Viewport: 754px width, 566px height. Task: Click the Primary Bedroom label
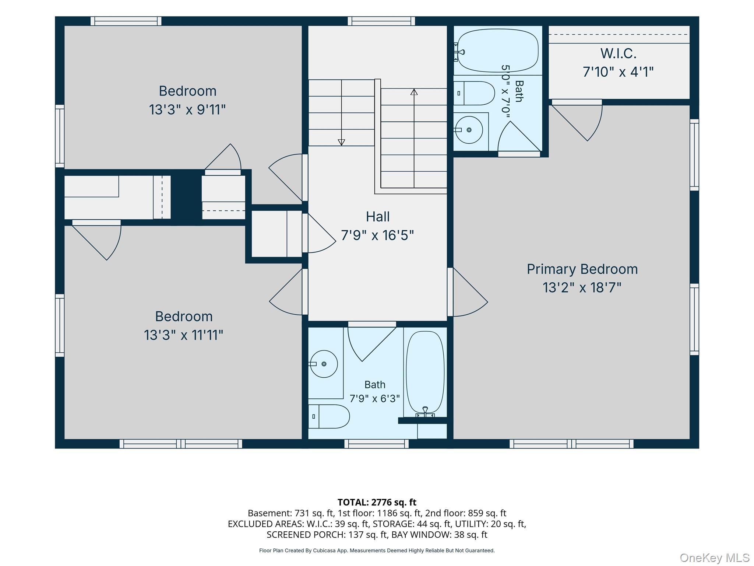pyautogui.click(x=582, y=269)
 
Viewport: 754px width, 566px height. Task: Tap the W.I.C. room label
pyautogui.click(x=619, y=53)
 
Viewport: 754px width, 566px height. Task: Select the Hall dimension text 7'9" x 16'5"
pyautogui.click(x=377, y=235)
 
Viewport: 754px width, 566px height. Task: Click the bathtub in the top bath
pyautogui.click(x=497, y=50)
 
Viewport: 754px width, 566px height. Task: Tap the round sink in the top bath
pyautogui.click(x=469, y=130)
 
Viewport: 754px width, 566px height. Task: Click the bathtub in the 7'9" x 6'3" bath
pyautogui.click(x=425, y=373)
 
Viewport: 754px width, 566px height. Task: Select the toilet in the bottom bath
pyautogui.click(x=329, y=416)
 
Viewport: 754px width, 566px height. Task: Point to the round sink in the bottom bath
pyautogui.click(x=324, y=364)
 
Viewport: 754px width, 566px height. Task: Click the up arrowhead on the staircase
pyautogui.click(x=414, y=92)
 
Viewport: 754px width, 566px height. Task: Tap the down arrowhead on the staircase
pyautogui.click(x=341, y=142)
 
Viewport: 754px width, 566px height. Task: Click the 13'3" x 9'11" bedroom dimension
pyautogui.click(x=187, y=110)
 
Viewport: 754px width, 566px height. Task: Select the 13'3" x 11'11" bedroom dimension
pyautogui.click(x=184, y=335)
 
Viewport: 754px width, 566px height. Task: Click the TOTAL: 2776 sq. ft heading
pyautogui.click(x=377, y=502)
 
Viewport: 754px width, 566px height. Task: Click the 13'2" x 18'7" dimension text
pyautogui.click(x=582, y=287)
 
